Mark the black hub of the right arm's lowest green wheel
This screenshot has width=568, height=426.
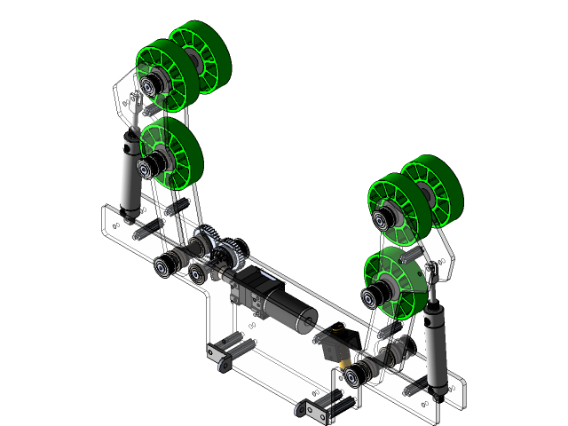[x=372, y=297]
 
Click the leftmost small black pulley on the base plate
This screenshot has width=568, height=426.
[x=164, y=265]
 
